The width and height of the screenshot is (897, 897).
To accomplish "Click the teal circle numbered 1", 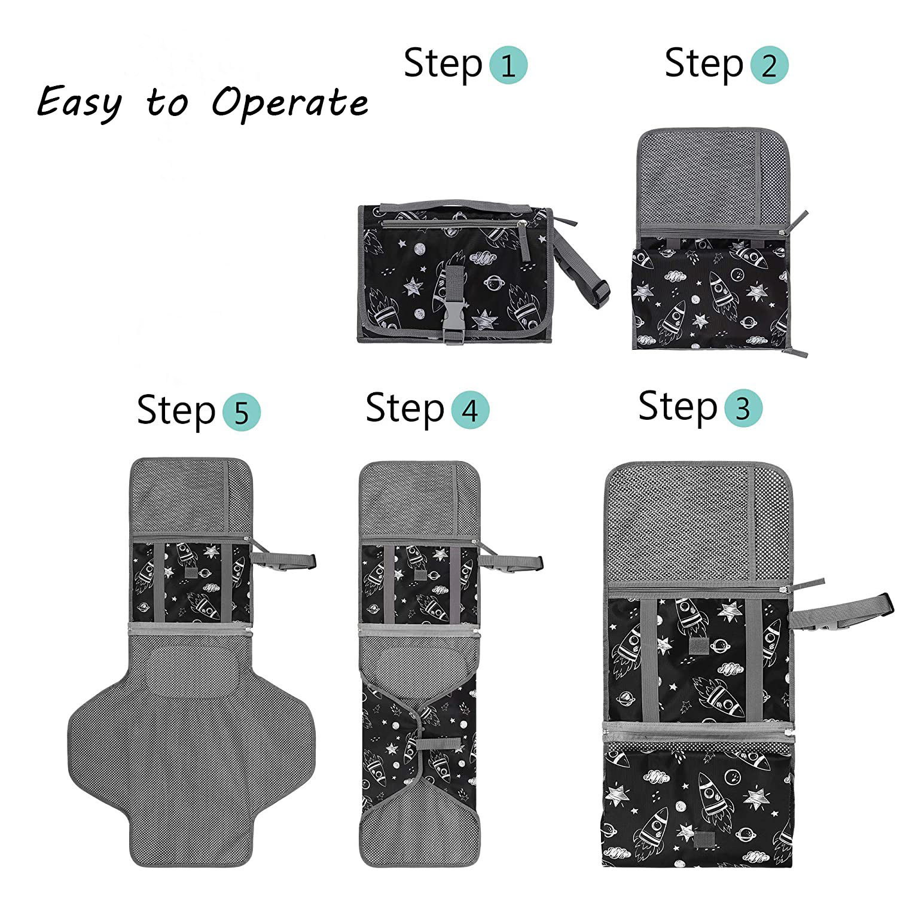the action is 508,65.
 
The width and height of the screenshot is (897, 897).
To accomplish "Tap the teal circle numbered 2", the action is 769,65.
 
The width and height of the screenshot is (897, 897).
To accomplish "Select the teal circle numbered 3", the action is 743,408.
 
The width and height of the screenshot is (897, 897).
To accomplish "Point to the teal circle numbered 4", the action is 470,411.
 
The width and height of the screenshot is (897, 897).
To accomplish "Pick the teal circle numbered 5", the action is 242,412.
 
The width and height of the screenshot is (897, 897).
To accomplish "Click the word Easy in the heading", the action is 79,102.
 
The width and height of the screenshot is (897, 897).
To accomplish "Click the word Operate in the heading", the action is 290,102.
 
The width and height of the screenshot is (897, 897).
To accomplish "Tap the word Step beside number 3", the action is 678,407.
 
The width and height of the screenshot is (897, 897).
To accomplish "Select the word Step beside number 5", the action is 176,411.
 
